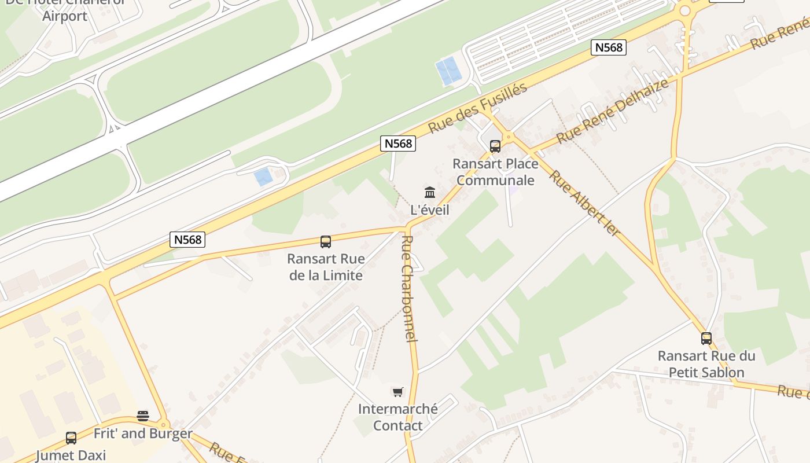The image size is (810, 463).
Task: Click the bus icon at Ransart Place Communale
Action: tap(495, 146)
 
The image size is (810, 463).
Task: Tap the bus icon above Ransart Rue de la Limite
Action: tap(326, 242)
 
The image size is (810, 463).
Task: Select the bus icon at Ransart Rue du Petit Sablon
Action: tap(706, 339)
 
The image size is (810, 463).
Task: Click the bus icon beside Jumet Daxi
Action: tap(71, 438)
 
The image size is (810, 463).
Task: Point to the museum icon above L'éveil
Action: tap(430, 192)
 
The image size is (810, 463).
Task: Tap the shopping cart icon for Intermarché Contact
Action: tap(397, 392)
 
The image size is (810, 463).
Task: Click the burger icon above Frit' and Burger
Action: tap(143, 416)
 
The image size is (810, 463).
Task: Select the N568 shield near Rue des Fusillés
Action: tap(398, 144)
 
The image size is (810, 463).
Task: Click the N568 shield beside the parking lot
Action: tap(609, 47)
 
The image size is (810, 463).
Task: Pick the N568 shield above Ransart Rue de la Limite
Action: tap(188, 240)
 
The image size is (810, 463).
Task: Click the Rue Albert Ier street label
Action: tap(584, 203)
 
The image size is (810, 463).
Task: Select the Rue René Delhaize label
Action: tap(613, 111)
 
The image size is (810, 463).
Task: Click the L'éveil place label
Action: tap(430, 210)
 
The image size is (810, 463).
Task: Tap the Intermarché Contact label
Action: tap(397, 417)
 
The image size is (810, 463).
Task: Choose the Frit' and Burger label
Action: tap(143, 433)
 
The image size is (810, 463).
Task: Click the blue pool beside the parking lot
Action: tap(448, 71)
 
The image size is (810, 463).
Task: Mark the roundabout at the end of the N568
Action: tap(685, 10)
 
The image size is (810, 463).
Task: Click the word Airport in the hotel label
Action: tap(65, 16)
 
